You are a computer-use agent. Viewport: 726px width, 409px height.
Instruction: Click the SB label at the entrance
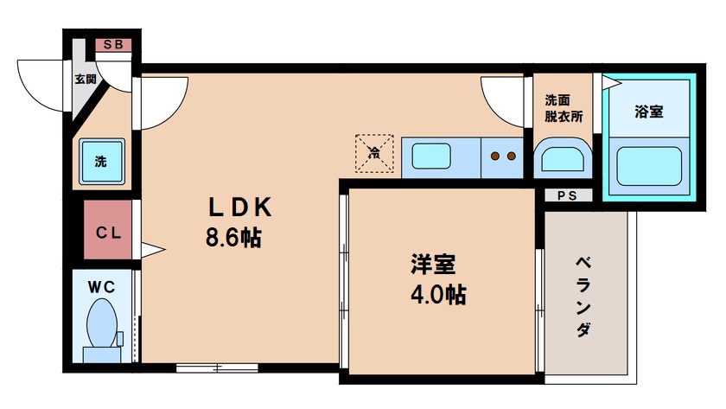coord(112,45)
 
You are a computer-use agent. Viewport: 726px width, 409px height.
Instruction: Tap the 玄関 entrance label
coord(85,80)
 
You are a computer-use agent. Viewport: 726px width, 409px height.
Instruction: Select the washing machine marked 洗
coord(101,160)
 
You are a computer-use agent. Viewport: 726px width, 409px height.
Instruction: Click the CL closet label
coord(108,232)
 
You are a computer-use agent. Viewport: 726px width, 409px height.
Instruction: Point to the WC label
coord(101,283)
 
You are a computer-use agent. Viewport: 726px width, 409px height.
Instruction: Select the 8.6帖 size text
coord(233,238)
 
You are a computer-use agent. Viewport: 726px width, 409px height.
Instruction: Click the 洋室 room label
coord(433,264)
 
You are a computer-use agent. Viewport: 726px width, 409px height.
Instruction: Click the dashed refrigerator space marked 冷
coord(375,152)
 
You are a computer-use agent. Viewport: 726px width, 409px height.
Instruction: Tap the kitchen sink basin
coord(430,157)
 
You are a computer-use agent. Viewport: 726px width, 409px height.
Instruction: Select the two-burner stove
coord(502,157)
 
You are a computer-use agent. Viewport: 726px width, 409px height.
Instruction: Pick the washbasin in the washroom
coord(563,161)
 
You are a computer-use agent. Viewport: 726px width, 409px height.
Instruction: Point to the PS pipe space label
coord(567,195)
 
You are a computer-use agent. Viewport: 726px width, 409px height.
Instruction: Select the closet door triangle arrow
coord(152,251)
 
